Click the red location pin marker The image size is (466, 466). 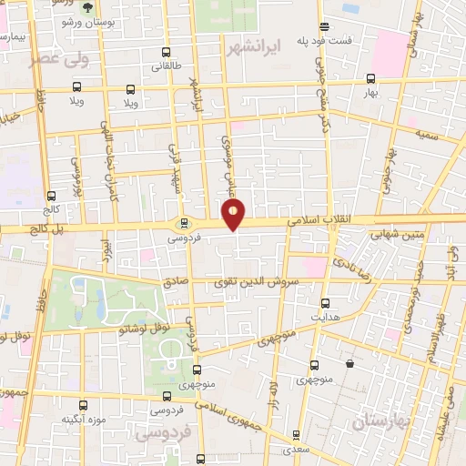[x=234, y=215]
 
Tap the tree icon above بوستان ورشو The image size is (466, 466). [x=88, y=6]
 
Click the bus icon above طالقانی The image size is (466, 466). [x=166, y=53]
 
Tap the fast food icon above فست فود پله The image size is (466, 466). [x=325, y=27]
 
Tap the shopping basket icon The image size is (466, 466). [x=350, y=364]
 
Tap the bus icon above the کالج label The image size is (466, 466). [x=51, y=197]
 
